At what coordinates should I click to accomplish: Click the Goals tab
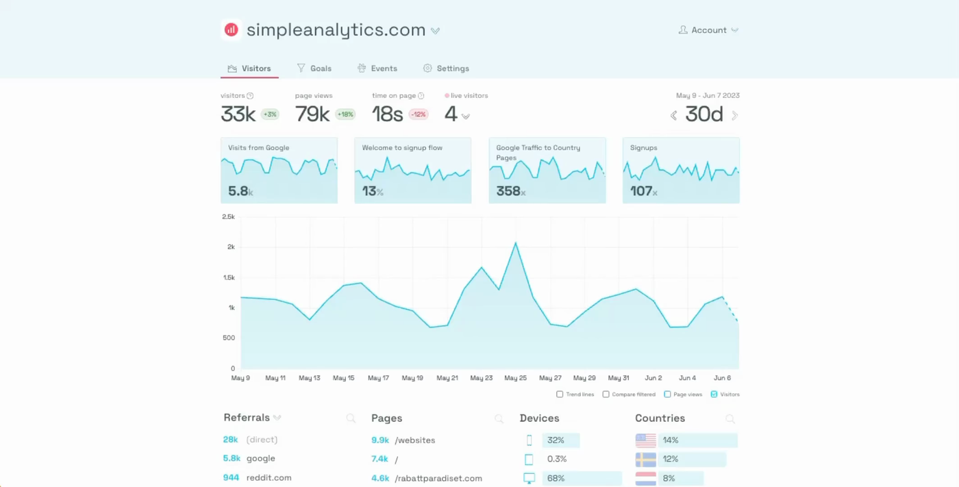tap(314, 68)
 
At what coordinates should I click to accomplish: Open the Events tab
tap(377, 68)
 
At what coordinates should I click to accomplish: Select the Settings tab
tap(446, 68)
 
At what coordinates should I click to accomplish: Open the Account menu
tap(708, 30)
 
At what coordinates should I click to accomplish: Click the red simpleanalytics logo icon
tap(232, 30)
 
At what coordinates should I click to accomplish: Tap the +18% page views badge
tap(345, 114)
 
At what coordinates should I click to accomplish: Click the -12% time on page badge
tap(419, 114)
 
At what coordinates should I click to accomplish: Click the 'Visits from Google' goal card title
tap(258, 148)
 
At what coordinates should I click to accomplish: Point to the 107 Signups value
tap(641, 191)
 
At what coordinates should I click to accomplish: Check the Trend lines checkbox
tap(560, 395)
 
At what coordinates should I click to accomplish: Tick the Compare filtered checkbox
tap(606, 395)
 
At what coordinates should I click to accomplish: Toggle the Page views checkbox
tap(667, 395)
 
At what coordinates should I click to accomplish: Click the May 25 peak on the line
tap(516, 243)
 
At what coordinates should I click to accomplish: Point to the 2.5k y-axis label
tap(228, 216)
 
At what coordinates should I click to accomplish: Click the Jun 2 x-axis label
tap(653, 378)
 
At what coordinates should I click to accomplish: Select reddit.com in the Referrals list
tap(269, 477)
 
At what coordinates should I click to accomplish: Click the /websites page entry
tap(414, 440)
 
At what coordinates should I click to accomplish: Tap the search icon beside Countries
tap(730, 419)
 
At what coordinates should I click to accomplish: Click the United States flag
tap(645, 440)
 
